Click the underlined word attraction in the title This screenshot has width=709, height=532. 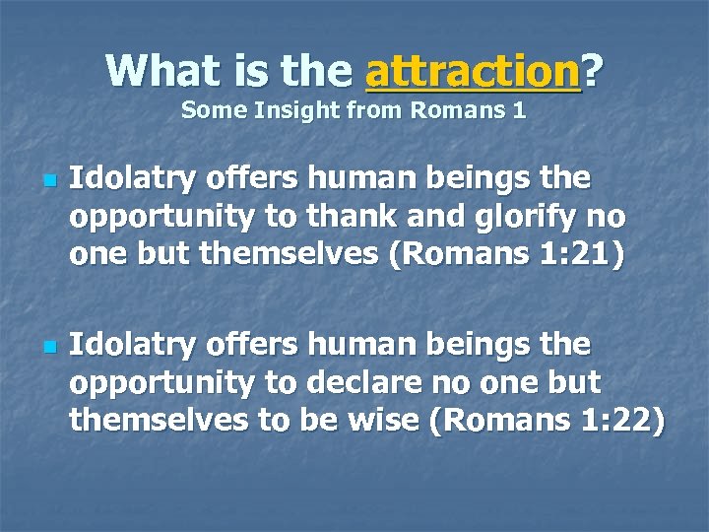coord(472,71)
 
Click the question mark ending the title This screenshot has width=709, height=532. coord(593,71)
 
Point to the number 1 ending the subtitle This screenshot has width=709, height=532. coord(519,111)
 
